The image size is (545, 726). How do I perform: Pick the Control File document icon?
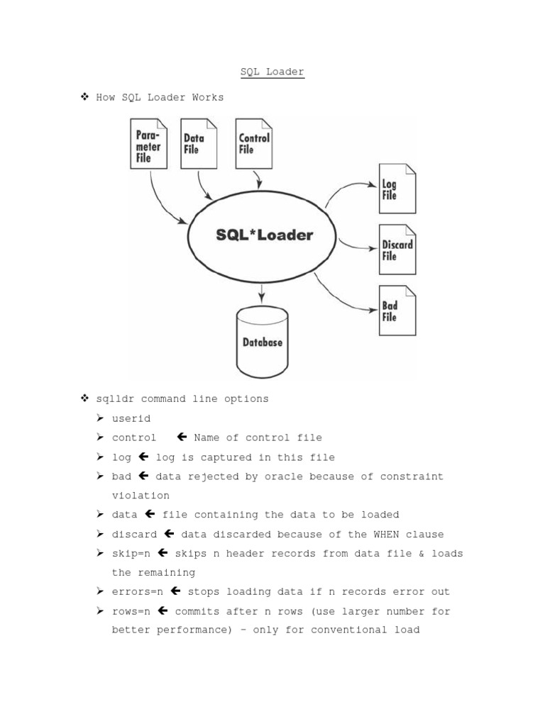[253, 143]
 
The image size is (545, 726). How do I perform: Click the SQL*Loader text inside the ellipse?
[264, 235]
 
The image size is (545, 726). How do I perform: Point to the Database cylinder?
[263, 342]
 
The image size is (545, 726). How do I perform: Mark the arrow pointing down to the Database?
[263, 291]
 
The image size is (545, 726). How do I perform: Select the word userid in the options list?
[131, 418]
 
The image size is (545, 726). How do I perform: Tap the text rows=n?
[131, 610]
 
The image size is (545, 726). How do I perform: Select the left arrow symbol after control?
[181, 437]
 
